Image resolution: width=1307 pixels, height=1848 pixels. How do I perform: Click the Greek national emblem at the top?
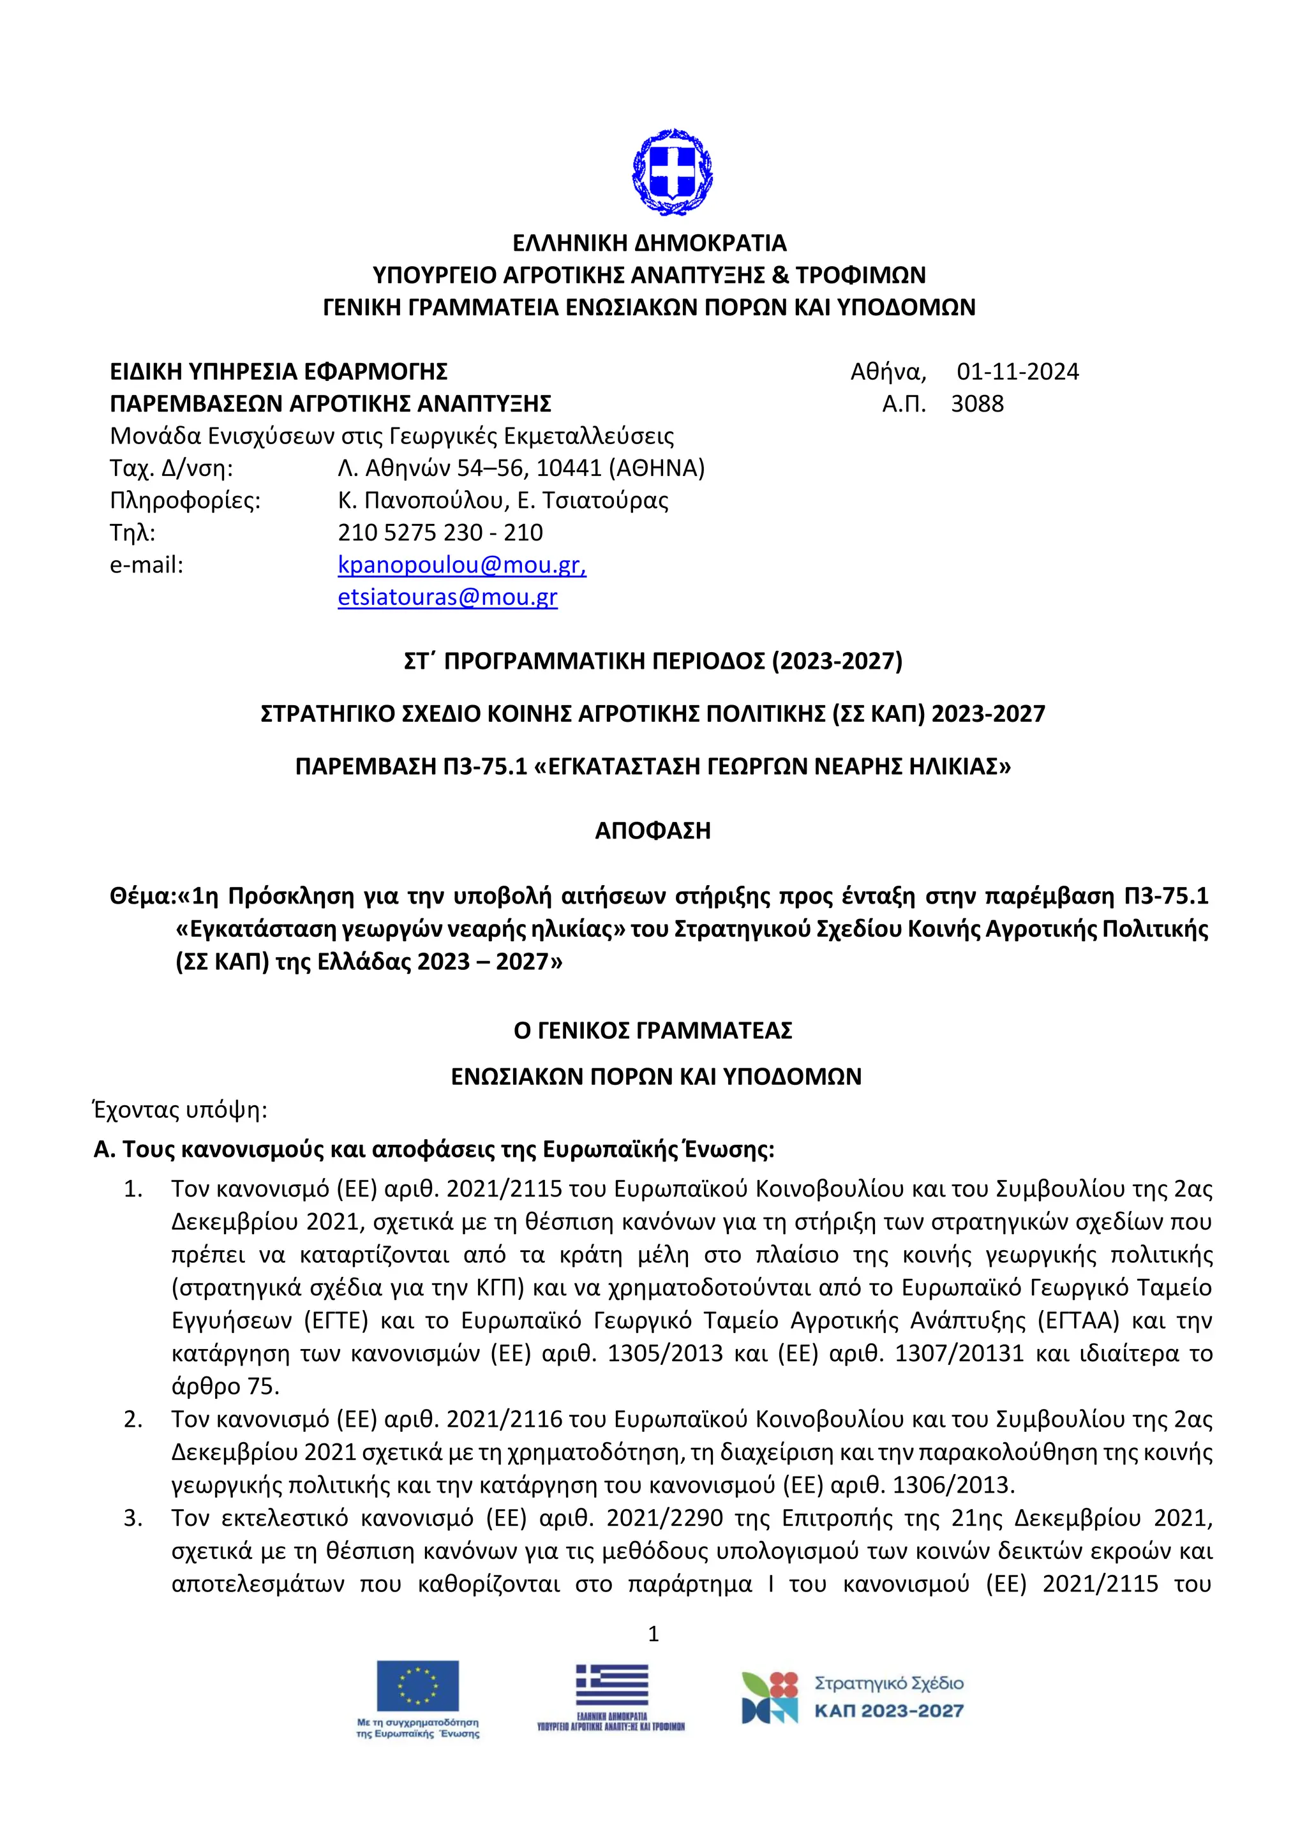[x=672, y=172]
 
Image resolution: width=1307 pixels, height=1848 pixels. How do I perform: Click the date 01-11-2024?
[x=1017, y=372]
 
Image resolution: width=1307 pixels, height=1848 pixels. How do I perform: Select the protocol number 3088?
[x=977, y=404]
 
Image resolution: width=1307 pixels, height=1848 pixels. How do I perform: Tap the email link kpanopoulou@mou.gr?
[x=461, y=565]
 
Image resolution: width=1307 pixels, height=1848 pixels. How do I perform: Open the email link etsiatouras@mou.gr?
[x=447, y=597]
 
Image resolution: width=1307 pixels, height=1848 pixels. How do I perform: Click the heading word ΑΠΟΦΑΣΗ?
[x=653, y=831]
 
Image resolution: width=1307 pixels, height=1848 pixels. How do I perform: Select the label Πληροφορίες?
[x=185, y=501]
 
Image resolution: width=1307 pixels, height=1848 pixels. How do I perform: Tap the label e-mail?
[x=147, y=565]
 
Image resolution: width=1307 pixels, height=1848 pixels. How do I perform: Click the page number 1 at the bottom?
[x=653, y=1633]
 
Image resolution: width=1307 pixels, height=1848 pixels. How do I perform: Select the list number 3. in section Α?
[x=133, y=1518]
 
